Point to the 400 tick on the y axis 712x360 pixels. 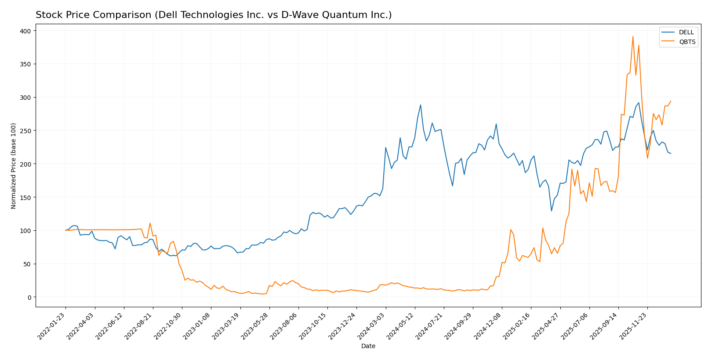25,31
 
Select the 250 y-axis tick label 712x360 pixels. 25,131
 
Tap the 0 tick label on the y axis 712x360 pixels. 29,297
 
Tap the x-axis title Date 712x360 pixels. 368,346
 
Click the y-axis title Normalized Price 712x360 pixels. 14,166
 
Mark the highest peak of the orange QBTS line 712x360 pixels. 633,36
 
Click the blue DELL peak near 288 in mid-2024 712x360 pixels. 421,105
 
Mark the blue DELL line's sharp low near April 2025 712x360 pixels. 552,211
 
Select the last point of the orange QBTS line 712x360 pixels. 671,101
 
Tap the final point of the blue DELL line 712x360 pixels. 671,153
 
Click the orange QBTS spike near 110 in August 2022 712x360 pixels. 150,223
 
